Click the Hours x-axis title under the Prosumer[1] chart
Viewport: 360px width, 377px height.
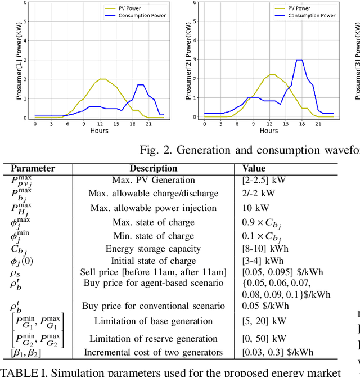[100, 131]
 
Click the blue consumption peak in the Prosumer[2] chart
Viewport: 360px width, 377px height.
[300, 60]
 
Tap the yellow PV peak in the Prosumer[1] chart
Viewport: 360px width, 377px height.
[102, 79]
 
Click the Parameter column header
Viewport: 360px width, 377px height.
[33, 168]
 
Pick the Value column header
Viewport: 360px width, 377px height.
[254, 168]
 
